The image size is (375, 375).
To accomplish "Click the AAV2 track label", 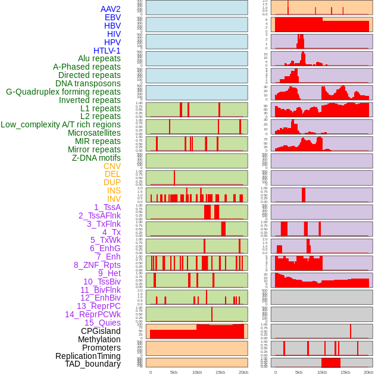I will point(110,9).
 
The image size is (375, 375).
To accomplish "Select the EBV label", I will point(112,17).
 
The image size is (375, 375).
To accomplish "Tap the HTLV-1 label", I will point(107,51).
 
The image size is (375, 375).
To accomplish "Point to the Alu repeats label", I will point(99,58).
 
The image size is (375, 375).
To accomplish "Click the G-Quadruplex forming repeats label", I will point(63,92).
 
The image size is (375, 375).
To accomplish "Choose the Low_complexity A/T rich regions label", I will point(61,124).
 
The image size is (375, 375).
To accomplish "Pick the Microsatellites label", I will point(94,133).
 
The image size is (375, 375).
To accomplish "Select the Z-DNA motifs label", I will point(96,158).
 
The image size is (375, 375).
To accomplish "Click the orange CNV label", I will point(112,166).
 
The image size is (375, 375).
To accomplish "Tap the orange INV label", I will point(113,199).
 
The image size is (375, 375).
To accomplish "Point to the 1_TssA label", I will point(107,207).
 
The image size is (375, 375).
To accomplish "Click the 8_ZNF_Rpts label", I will point(97,265).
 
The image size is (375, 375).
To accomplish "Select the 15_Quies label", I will point(102,323).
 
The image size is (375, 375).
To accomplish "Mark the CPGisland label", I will point(101,331).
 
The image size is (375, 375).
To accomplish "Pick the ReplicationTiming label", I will point(87,356).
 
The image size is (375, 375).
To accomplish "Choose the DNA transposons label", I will point(88,83).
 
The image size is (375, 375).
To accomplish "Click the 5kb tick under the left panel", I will point(173,372).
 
